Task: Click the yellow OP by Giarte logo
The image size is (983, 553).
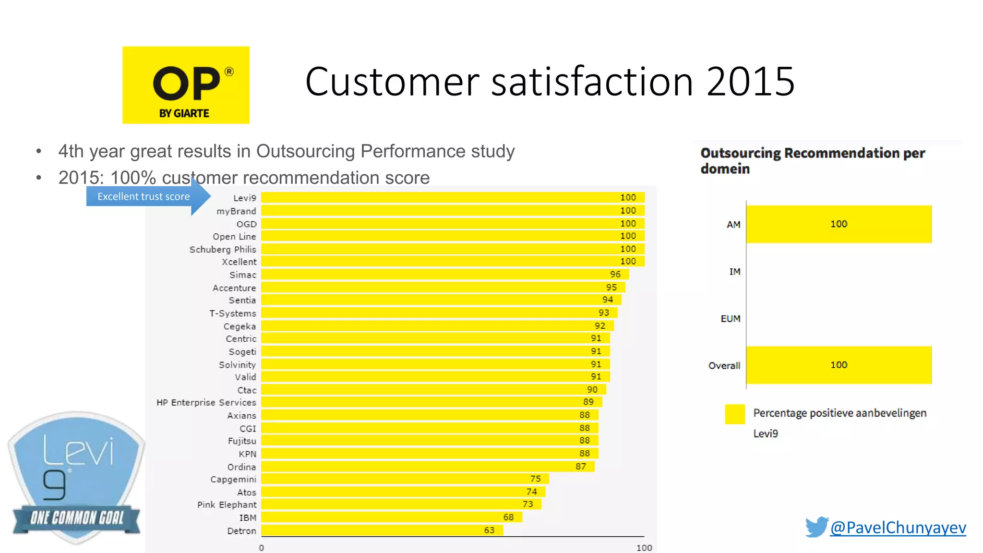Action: point(186,85)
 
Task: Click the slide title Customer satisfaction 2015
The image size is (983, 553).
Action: point(550,82)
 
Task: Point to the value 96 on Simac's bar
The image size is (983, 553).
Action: point(615,274)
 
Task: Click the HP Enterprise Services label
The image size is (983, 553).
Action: point(206,402)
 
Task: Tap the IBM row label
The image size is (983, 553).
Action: point(248,517)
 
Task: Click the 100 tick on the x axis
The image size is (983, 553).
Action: point(644,548)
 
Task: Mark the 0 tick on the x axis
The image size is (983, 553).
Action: point(262,548)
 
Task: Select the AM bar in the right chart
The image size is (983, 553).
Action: point(839,224)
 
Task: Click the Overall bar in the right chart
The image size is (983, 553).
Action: point(839,365)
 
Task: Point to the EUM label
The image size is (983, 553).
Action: point(731,319)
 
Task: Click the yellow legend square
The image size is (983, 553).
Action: point(734,414)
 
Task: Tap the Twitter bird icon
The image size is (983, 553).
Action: point(816,527)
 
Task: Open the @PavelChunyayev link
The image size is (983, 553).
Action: point(898,528)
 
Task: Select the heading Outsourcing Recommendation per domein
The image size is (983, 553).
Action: point(812,160)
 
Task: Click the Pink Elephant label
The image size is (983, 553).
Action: point(227,505)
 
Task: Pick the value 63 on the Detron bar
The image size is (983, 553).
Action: point(489,530)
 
